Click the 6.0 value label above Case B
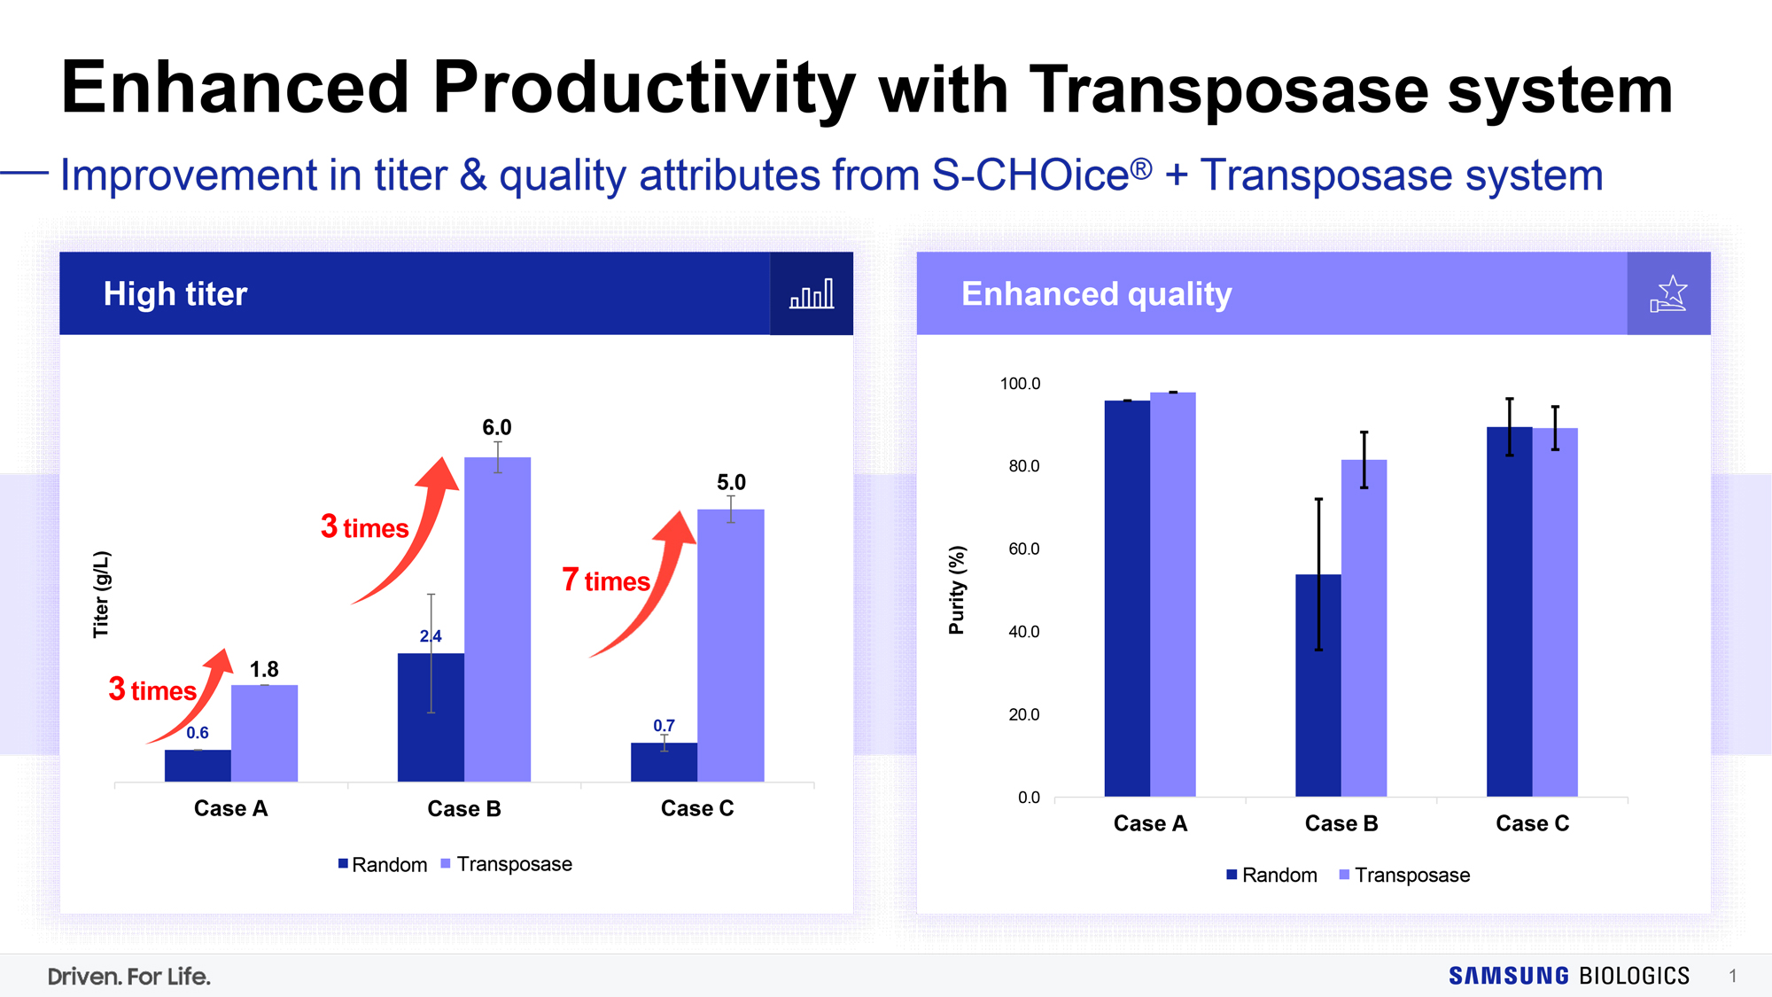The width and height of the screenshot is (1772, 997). pos(496,427)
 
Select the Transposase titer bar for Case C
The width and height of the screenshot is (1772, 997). pos(730,645)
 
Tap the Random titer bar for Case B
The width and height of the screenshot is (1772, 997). pos(431,717)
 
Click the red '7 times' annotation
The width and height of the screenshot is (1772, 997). pos(606,580)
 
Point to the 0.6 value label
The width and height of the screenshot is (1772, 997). pos(198,733)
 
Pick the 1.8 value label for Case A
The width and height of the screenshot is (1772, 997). pos(264,669)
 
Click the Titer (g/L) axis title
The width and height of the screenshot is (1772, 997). pos(101,594)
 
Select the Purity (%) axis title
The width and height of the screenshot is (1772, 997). pos(957,590)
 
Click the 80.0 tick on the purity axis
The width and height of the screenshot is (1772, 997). pos(1023,466)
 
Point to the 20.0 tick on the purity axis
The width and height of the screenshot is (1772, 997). pos(1023,714)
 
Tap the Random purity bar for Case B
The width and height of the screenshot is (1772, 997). pos(1318,685)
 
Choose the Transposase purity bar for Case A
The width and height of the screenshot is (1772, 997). pos(1173,595)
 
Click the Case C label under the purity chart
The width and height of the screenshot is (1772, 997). pos(1533,823)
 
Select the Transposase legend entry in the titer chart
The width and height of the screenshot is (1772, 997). pos(506,864)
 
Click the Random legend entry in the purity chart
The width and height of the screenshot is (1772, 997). pos(1271,875)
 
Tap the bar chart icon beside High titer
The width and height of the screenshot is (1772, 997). pos(812,293)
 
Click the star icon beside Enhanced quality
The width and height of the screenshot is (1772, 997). pos(1669,293)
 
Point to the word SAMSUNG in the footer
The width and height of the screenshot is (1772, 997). pos(1509,976)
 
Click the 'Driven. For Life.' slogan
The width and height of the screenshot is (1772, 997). pos(129,977)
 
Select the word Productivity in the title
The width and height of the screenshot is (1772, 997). pos(644,89)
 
